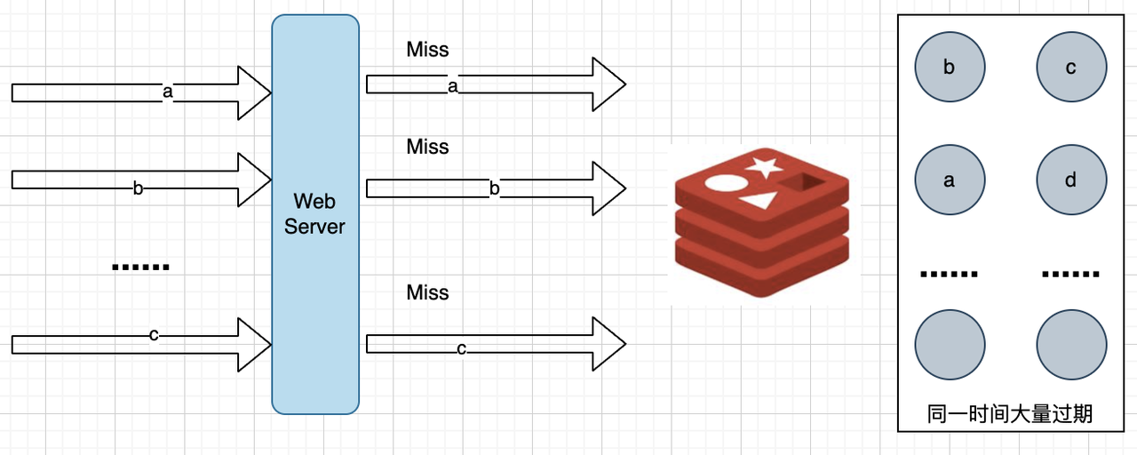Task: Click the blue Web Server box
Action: click(315, 214)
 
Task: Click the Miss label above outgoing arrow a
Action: click(427, 49)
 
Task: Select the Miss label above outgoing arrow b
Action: click(427, 147)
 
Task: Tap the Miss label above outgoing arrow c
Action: click(427, 292)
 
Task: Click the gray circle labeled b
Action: click(950, 68)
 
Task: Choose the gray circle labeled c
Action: click(1071, 68)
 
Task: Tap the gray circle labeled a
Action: click(950, 180)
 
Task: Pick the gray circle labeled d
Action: click(1071, 180)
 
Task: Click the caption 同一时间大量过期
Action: click(1010, 413)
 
